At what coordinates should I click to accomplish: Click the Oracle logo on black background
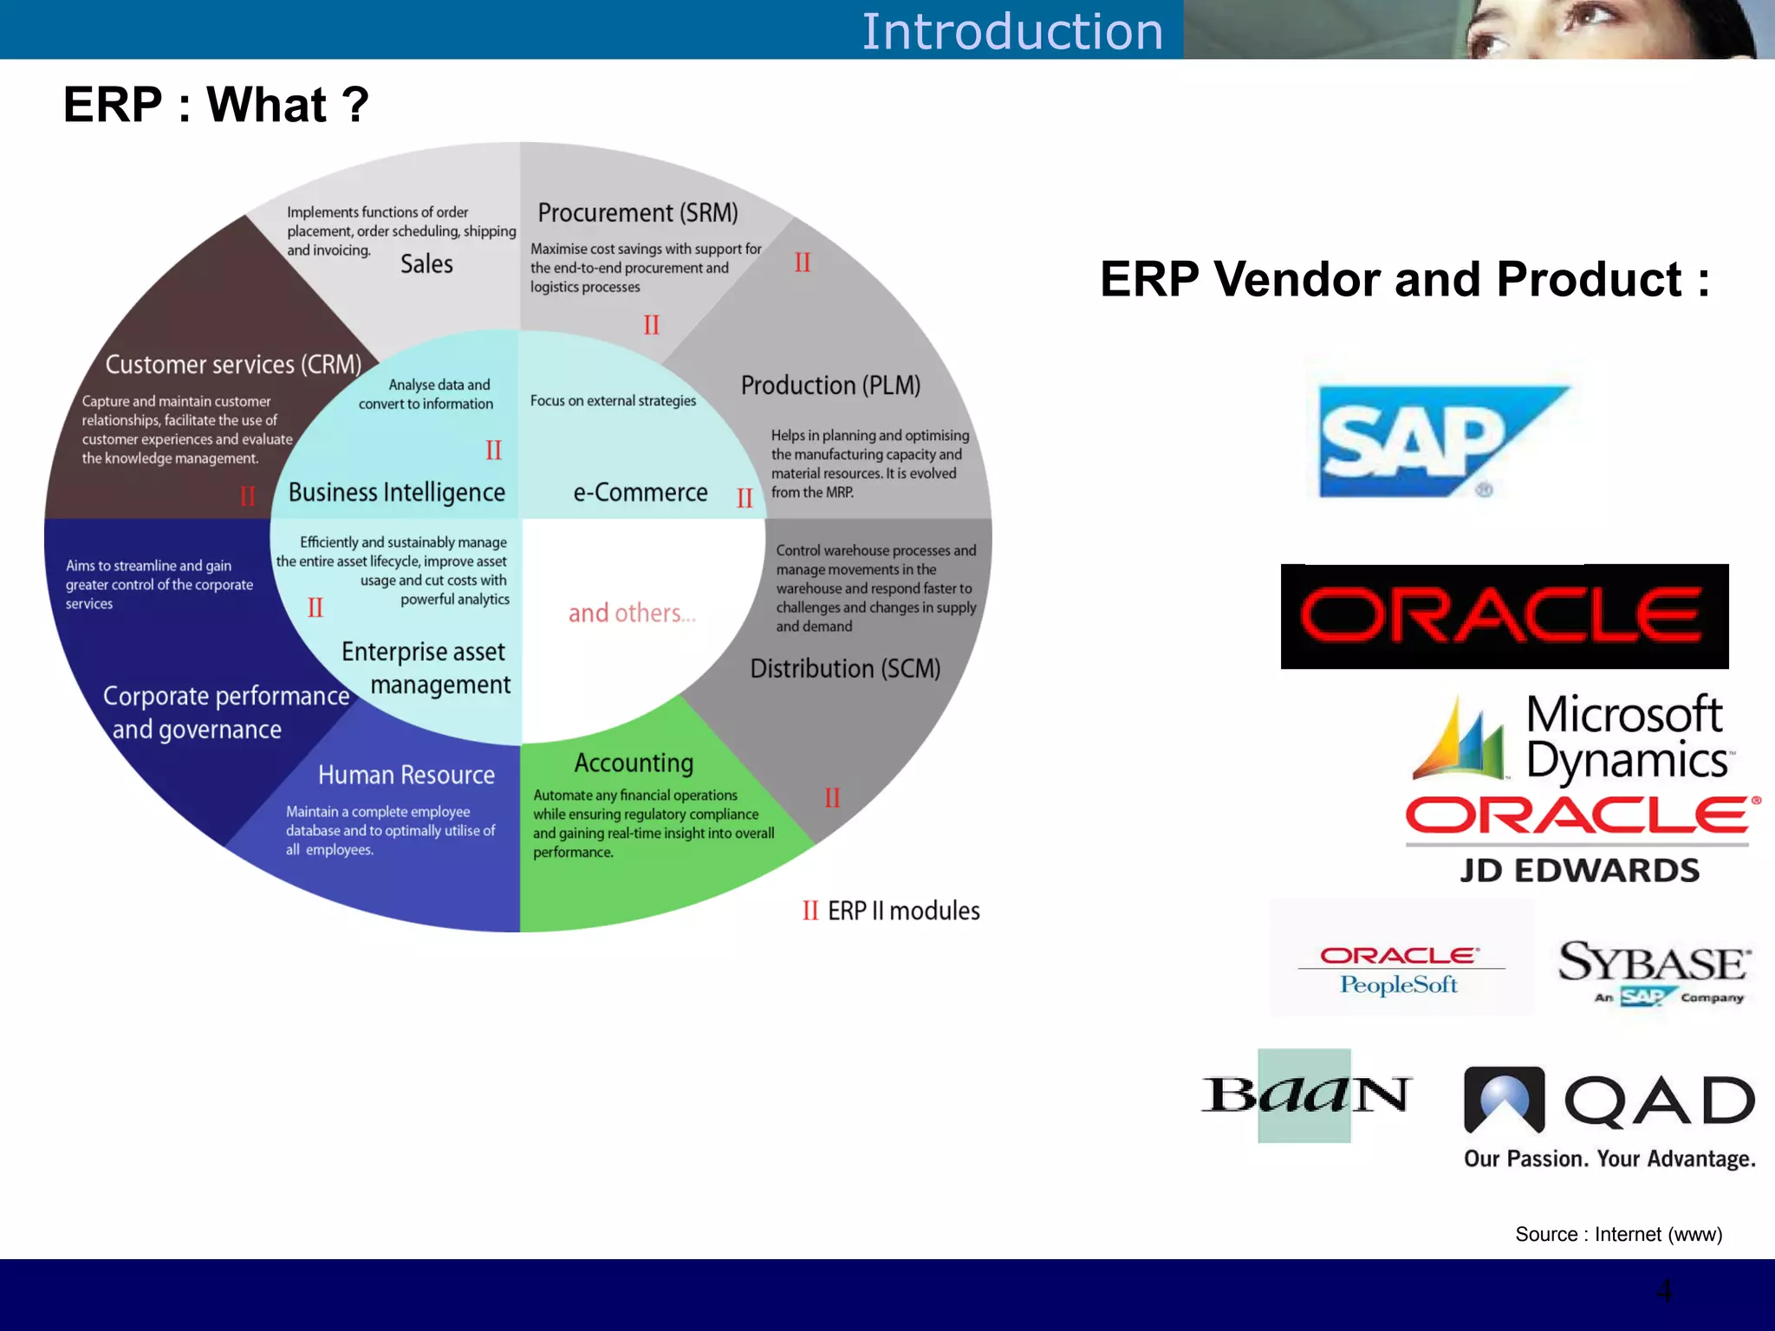coord(1504,616)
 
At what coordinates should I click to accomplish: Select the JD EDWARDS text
coord(1579,870)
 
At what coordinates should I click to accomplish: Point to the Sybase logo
coord(1654,971)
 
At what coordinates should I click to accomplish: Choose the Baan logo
coord(1305,1094)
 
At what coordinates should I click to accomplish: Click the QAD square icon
coord(1504,1099)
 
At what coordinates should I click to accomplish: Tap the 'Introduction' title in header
coord(1011,31)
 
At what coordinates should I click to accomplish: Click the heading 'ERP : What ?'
coord(216,105)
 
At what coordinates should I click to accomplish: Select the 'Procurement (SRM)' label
coord(638,212)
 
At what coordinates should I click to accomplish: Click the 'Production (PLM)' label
coord(830,385)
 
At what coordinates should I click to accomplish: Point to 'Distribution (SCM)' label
coord(845,668)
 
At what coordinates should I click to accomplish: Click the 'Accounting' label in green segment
coord(634,763)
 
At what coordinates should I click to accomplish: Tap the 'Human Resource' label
coord(406,775)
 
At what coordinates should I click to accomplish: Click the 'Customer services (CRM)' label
coord(233,364)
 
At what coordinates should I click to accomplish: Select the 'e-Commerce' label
coord(640,492)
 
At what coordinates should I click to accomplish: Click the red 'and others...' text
coord(632,613)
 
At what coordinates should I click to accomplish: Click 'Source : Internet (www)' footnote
coord(1618,1234)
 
